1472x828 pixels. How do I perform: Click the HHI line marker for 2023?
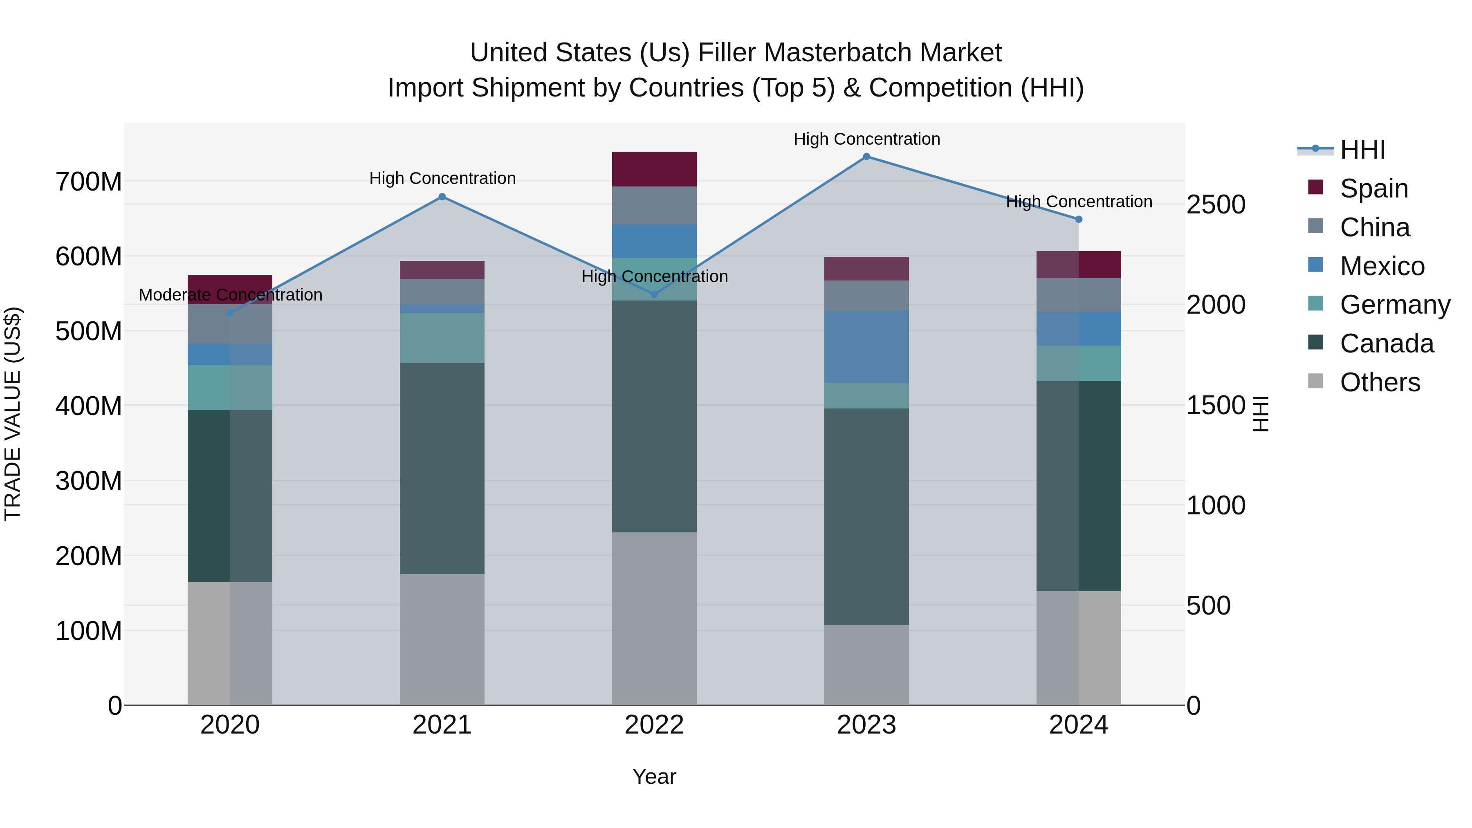pyautogui.click(x=866, y=157)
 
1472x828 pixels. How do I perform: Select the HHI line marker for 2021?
pyautogui.click(x=442, y=197)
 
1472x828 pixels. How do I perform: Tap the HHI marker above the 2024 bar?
pyautogui.click(x=1078, y=220)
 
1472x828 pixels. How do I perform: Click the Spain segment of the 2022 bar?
pyautogui.click(x=654, y=169)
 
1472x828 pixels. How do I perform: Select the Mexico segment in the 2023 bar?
pyautogui.click(x=866, y=347)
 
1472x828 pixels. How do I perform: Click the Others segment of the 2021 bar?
pyautogui.click(x=442, y=640)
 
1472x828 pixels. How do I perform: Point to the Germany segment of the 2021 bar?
pyautogui.click(x=442, y=338)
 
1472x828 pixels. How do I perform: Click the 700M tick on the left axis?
pyautogui.click(x=89, y=182)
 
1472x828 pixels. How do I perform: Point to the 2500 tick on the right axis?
pyautogui.click(x=1216, y=204)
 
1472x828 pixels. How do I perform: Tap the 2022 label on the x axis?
pyautogui.click(x=654, y=725)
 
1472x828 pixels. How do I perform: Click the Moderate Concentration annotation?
pyautogui.click(x=230, y=295)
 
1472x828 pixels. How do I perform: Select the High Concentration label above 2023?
pyautogui.click(x=866, y=139)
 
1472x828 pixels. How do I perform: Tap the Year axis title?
pyautogui.click(x=654, y=776)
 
